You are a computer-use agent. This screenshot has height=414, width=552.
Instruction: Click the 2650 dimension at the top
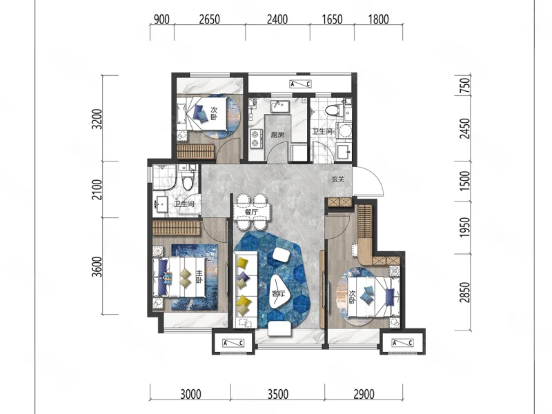point(210,19)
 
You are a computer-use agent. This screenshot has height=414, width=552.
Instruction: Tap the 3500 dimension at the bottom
point(278,394)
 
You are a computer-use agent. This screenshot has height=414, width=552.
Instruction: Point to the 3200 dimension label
point(97,119)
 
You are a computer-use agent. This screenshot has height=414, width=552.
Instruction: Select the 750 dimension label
point(465,86)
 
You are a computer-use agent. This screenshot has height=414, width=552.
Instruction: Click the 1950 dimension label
point(465,227)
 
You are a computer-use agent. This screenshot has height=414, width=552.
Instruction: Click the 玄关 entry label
point(337,179)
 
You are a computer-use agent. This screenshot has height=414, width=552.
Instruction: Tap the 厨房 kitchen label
point(277,135)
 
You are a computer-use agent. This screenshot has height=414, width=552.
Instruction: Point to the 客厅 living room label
point(278,294)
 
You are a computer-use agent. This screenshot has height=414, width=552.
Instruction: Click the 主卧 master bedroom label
point(199,277)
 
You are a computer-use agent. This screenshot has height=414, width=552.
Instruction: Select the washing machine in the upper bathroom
point(344,130)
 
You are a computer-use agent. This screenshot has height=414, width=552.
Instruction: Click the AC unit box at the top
point(300,83)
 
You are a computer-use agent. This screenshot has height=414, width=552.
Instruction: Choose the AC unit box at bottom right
point(402,342)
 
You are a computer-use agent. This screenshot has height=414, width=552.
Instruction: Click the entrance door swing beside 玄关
point(369,181)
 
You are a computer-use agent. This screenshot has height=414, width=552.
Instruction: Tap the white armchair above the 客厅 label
point(281,255)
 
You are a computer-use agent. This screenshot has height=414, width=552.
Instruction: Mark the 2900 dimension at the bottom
point(364,394)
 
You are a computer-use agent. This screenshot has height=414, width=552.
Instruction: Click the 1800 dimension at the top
point(378,19)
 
